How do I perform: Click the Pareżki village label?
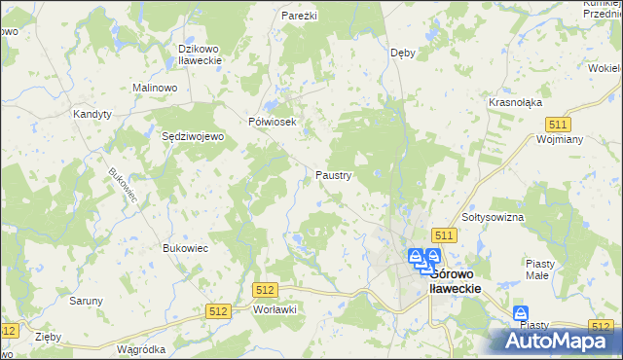tap(299, 17)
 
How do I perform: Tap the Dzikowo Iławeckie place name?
tap(202, 54)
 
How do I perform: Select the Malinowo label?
tap(153, 88)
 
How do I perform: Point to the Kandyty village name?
tap(93, 114)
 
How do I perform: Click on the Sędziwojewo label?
tap(193, 137)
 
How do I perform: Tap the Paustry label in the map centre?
tap(333, 176)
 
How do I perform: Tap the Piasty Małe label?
tap(539, 270)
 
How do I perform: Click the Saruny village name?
tap(86, 301)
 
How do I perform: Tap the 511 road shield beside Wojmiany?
tap(558, 125)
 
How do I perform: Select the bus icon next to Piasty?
tap(521, 313)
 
